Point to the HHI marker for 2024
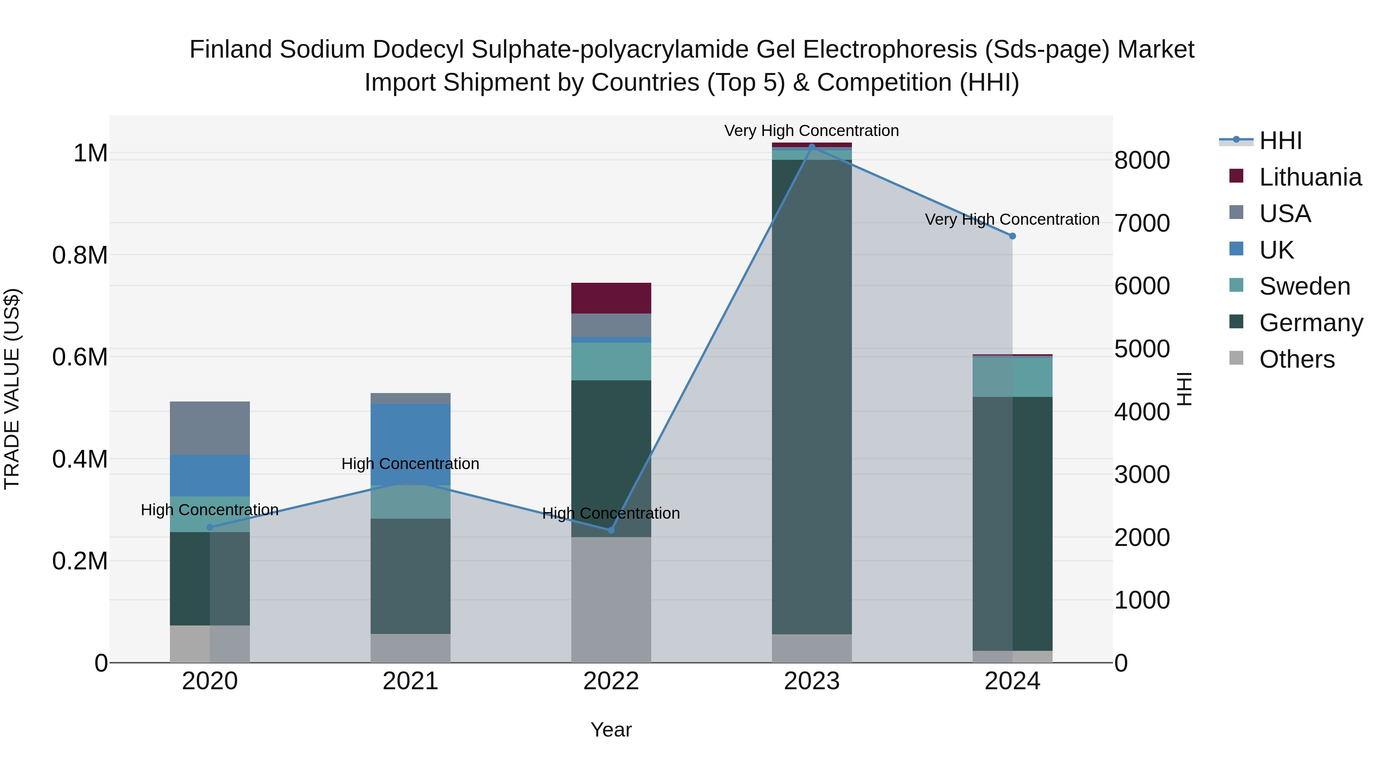point(1012,236)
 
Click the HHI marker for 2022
point(611,530)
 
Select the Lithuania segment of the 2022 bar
point(611,298)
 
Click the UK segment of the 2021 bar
point(411,443)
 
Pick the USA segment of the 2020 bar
point(210,428)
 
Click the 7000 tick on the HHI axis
point(1142,223)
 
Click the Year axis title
point(611,730)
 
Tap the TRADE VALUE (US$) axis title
point(12,389)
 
